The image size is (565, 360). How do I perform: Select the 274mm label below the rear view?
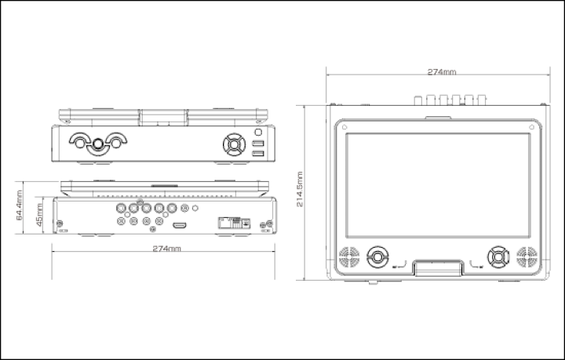point(167,248)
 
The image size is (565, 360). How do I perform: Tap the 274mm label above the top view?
point(442,72)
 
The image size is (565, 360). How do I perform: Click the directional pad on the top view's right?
point(498,256)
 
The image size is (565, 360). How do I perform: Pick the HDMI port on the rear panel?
point(180,225)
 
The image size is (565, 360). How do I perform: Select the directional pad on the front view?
point(233,144)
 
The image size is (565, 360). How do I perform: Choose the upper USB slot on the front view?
point(257,144)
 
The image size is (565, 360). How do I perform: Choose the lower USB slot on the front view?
point(257,154)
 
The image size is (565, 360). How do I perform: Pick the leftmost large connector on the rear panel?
point(122,209)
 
